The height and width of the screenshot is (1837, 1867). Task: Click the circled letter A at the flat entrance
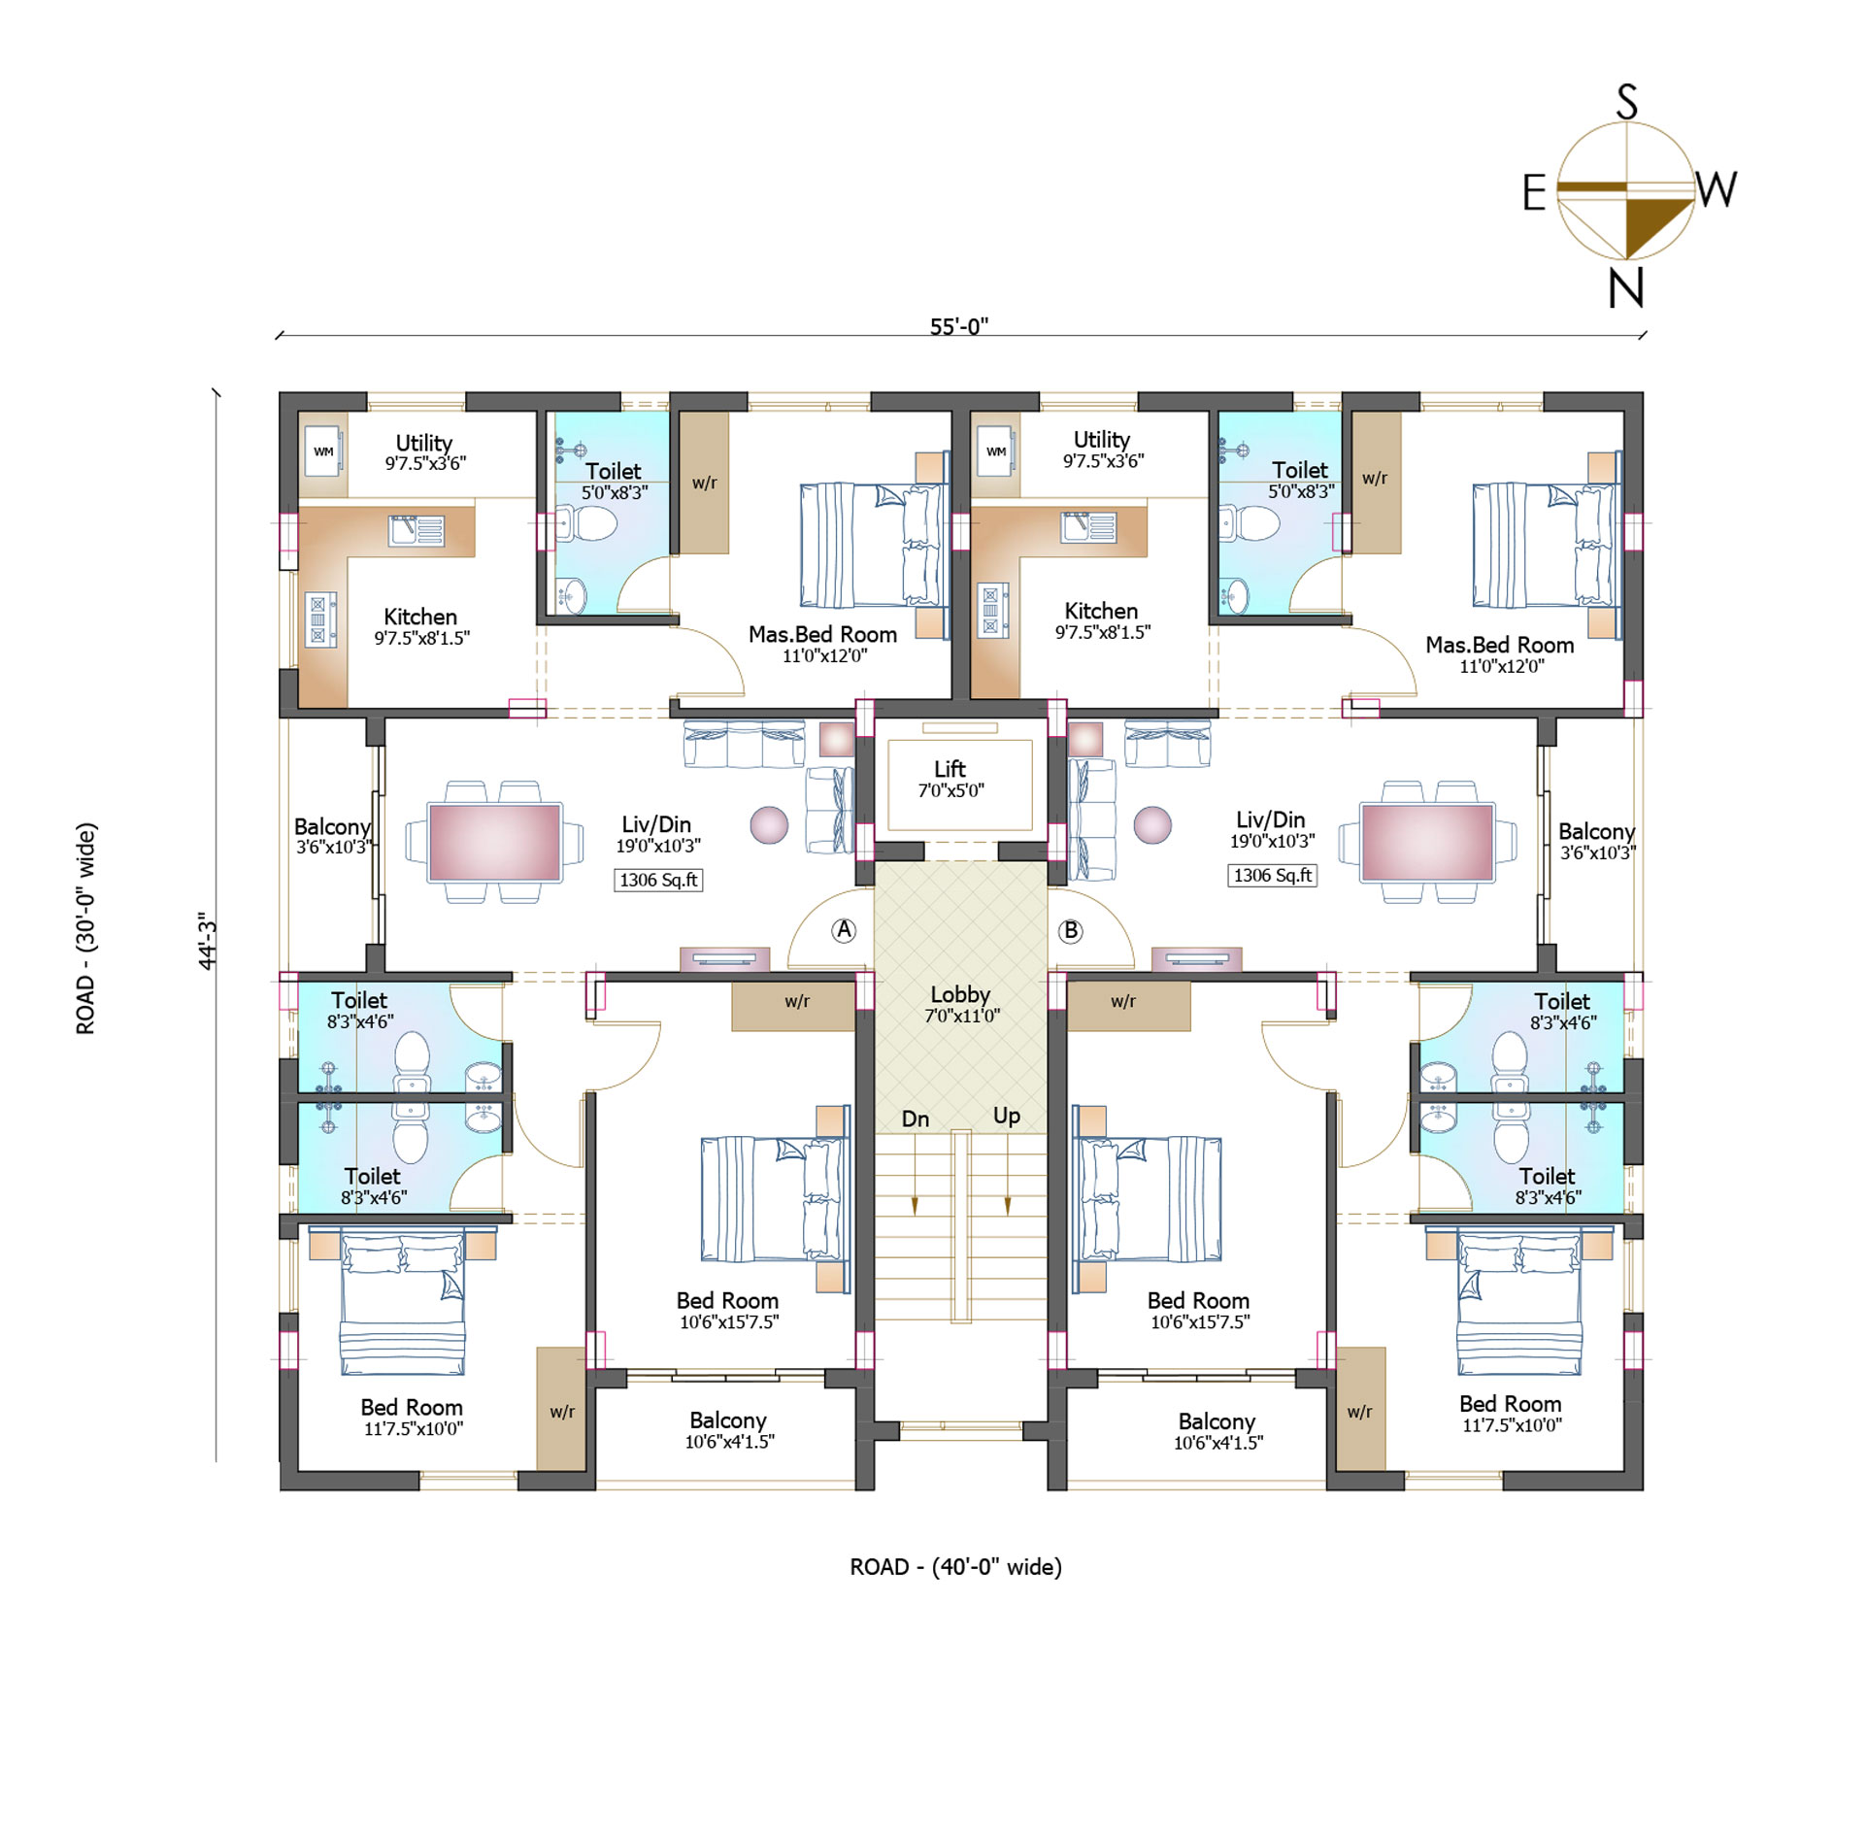(x=844, y=930)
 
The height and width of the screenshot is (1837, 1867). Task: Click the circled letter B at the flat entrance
(x=1070, y=930)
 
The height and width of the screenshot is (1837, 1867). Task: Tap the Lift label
(x=950, y=769)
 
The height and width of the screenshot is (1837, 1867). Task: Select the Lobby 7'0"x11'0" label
(x=961, y=1004)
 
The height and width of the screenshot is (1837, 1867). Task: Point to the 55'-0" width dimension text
(x=958, y=326)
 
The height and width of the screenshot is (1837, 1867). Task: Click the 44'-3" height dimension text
(x=207, y=940)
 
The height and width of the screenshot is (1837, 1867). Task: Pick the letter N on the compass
(x=1626, y=287)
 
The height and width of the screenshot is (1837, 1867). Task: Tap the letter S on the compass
(x=1627, y=102)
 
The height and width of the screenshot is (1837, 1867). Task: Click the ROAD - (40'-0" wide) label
(x=955, y=1567)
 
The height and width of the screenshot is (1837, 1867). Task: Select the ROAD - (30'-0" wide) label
(x=86, y=928)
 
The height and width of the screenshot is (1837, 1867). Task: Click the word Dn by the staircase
(x=915, y=1119)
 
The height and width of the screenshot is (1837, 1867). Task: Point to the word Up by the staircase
(x=1007, y=1117)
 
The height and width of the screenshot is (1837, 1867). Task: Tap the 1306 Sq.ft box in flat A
(x=658, y=880)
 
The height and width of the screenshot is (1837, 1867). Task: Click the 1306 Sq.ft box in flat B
(x=1272, y=875)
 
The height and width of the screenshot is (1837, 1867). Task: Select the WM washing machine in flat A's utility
(x=323, y=451)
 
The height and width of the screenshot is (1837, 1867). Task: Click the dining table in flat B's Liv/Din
(x=1427, y=842)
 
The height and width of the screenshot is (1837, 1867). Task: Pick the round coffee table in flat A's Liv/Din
(x=769, y=825)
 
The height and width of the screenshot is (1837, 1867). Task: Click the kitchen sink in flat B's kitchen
(x=1089, y=526)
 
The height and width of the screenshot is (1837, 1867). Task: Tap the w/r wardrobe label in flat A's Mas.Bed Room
(x=704, y=483)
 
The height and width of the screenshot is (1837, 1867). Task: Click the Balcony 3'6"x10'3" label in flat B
(x=1597, y=841)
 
